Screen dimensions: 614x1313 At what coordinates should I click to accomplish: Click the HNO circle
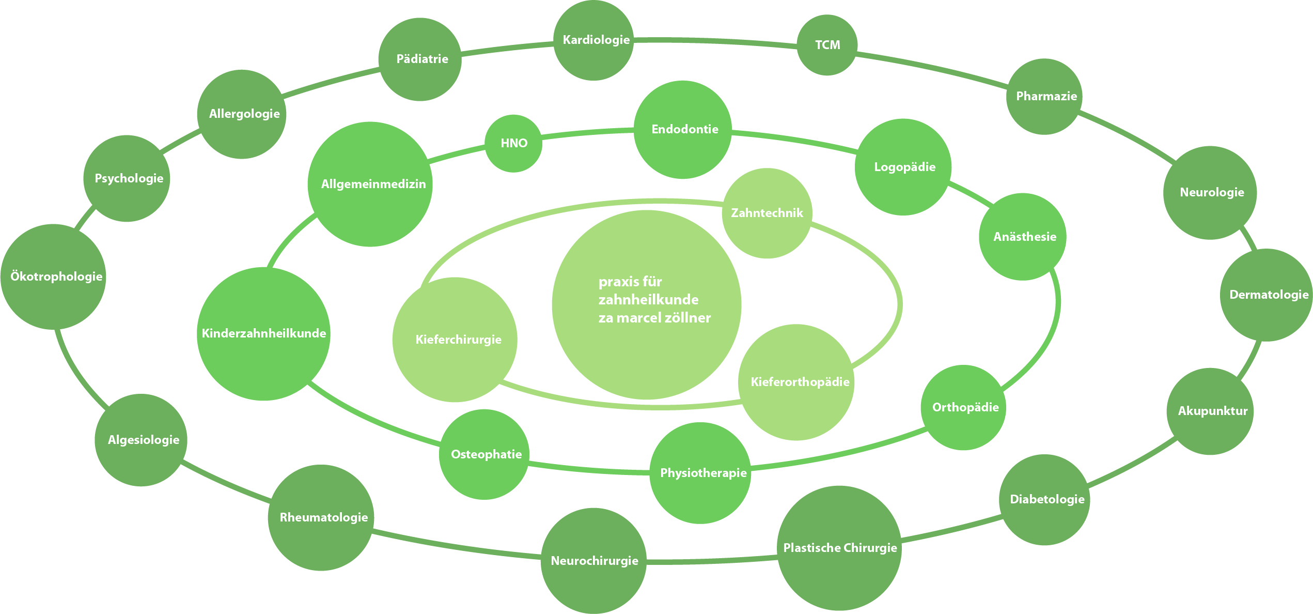click(513, 143)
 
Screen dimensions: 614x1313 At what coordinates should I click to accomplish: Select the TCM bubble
click(827, 45)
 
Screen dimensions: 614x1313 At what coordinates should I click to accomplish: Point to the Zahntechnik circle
click(767, 213)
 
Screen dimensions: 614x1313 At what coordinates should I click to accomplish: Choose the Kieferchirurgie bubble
click(455, 340)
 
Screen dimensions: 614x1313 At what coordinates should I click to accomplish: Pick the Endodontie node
click(683, 129)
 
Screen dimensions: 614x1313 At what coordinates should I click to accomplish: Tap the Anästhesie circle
click(1023, 237)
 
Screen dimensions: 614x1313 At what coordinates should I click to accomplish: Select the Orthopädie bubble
click(963, 407)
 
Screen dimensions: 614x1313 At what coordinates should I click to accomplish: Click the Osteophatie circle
click(484, 454)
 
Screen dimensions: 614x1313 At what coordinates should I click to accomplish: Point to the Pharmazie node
click(1044, 96)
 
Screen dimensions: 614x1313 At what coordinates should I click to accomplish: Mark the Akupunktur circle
click(1210, 411)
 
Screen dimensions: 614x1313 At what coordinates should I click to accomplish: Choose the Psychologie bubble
click(127, 178)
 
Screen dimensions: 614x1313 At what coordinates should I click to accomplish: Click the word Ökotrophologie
click(56, 277)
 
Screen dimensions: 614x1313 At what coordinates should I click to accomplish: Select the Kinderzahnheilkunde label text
click(263, 333)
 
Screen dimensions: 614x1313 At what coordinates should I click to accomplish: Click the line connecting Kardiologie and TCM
click(715, 41)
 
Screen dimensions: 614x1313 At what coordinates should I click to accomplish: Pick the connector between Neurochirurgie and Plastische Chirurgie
click(712, 560)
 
